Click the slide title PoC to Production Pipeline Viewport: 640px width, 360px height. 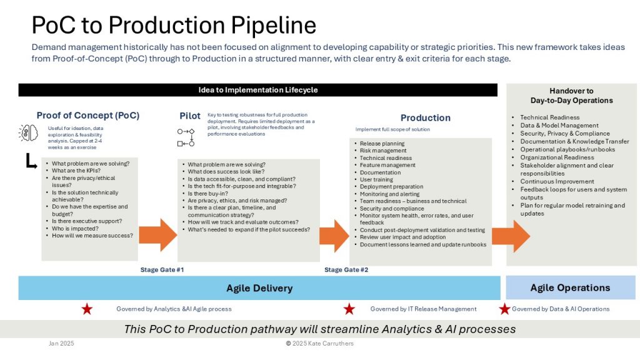(x=174, y=25)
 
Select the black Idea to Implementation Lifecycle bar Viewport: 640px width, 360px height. (x=258, y=90)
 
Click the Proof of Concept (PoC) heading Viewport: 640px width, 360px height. (x=88, y=116)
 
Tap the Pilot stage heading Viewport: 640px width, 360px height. (x=190, y=116)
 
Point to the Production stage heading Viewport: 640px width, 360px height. (x=425, y=117)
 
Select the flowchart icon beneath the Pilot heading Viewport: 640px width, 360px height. (x=186, y=137)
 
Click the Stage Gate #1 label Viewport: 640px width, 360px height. (x=162, y=270)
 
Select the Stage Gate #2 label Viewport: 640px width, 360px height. (x=346, y=270)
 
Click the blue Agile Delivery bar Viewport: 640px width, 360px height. (x=259, y=288)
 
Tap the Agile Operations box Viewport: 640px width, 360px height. (x=570, y=288)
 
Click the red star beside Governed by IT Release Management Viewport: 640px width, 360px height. (x=349, y=309)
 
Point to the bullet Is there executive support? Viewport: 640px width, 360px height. (x=86, y=221)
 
